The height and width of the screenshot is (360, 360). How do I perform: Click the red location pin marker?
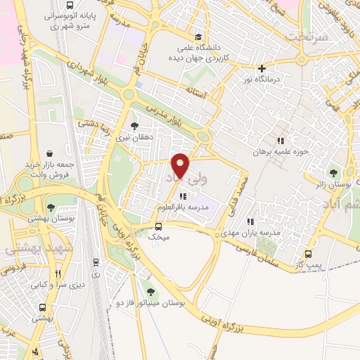[181, 165]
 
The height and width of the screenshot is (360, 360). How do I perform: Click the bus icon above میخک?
[158, 226]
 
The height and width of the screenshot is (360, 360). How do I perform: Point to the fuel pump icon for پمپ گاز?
[308, 255]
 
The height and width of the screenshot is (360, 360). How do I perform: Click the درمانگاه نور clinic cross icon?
[262, 69]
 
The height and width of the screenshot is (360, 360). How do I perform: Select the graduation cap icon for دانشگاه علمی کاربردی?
[199, 38]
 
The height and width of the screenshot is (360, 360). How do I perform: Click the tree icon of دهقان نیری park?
[134, 126]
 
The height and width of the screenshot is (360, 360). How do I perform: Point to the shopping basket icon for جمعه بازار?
[49, 153]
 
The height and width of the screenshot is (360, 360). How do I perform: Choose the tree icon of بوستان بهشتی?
[51, 207]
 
